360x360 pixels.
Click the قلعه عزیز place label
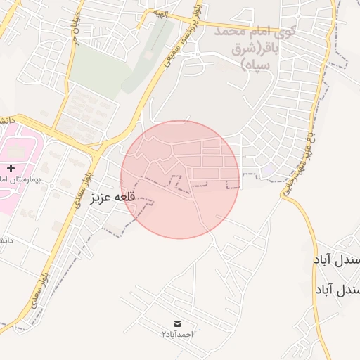pyautogui.click(x=112, y=198)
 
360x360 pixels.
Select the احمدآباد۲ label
pyautogui.click(x=177, y=334)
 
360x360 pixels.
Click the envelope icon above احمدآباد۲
pyautogui.click(x=177, y=323)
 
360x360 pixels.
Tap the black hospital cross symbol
pyautogui.click(x=11, y=168)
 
